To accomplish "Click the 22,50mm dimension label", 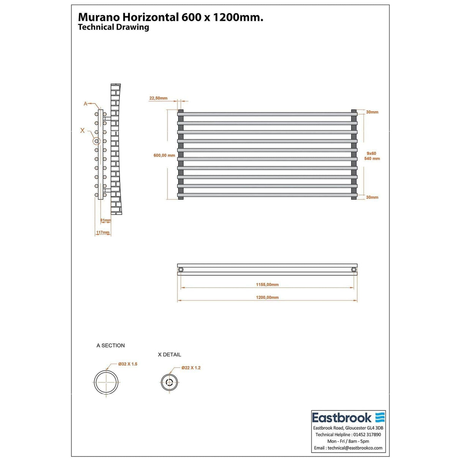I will pyautogui.click(x=158, y=98).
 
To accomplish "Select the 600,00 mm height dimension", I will pyautogui.click(x=164, y=155).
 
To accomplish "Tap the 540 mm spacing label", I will pyautogui.click(x=372, y=159).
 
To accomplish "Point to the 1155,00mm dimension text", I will pyautogui.click(x=267, y=285).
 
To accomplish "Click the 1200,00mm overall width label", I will pyautogui.click(x=267, y=298).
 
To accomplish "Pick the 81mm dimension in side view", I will pyautogui.click(x=106, y=221).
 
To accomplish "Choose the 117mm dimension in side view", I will pyautogui.click(x=103, y=233).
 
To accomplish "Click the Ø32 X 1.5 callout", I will pyautogui.click(x=128, y=364).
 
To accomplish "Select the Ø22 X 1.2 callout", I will pyautogui.click(x=191, y=368).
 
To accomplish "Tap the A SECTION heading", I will pyautogui.click(x=111, y=346).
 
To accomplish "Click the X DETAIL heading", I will pyautogui.click(x=169, y=355).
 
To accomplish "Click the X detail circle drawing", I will pyautogui.click(x=169, y=382).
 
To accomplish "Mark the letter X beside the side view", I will pyautogui.click(x=82, y=130).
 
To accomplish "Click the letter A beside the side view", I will pyautogui.click(x=85, y=104).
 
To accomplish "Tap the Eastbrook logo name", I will pyautogui.click(x=341, y=418).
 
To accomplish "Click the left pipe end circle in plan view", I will pyautogui.click(x=181, y=270).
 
